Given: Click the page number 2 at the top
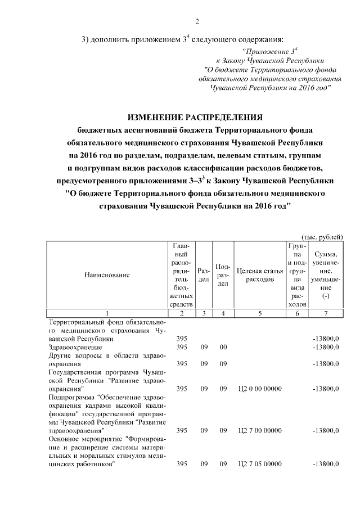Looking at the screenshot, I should [197, 22].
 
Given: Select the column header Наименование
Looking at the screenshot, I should [107, 275].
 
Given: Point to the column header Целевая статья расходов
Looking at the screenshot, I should [259, 275].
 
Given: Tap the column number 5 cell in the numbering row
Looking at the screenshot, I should [259, 313].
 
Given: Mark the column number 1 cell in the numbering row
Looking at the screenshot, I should [107, 313].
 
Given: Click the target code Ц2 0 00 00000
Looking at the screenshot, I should [259, 388].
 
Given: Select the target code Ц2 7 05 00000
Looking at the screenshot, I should [259, 464].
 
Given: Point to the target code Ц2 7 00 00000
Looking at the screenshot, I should [259, 430].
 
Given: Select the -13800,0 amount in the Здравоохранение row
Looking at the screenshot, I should [325, 347].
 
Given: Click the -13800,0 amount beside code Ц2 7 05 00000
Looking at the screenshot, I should [325, 464].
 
